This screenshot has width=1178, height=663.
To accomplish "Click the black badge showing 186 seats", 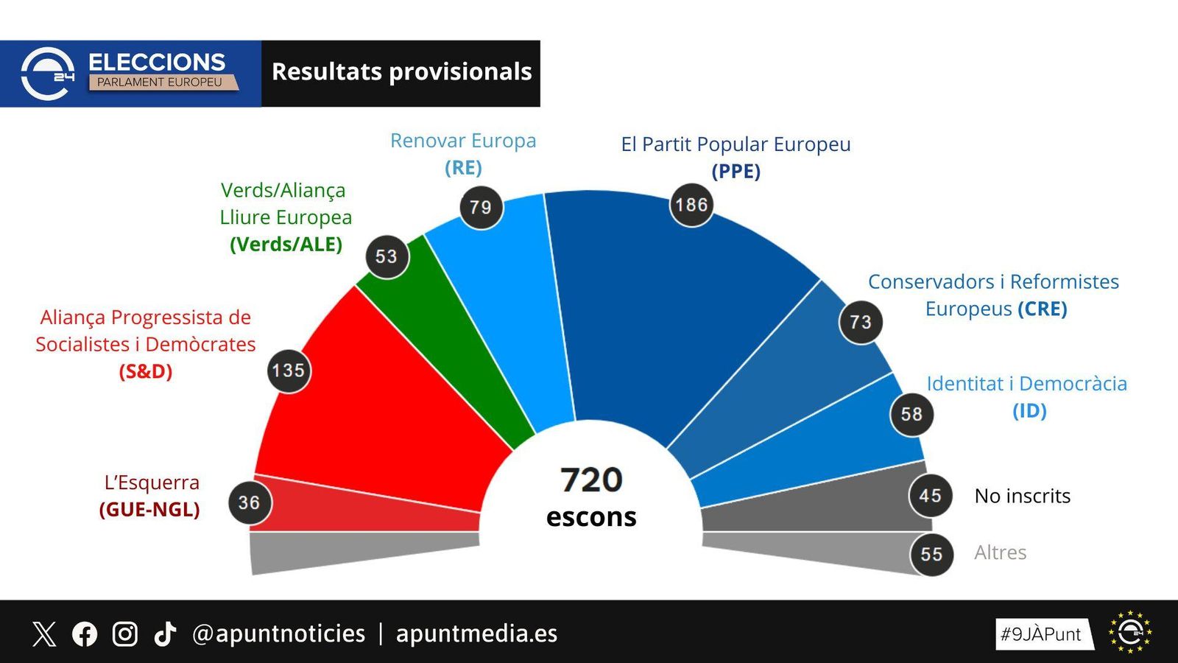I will coord(691,205).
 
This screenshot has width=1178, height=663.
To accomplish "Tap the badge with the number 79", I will coord(481,208).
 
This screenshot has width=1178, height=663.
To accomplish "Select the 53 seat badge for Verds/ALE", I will coord(387,256).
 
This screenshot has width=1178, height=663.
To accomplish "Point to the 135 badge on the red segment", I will coord(288,371).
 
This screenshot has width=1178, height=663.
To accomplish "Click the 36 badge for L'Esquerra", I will coord(250,502).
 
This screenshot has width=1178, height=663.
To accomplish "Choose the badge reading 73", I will coord(860,322).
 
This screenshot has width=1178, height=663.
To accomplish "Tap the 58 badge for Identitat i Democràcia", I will coord(911,414).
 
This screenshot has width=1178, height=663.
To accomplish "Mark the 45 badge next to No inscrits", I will coord(930,496).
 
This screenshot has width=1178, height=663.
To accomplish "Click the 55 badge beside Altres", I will coord(931,554).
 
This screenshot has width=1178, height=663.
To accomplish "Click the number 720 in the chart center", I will coord(591,480).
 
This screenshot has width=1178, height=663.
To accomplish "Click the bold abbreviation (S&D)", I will coord(146,371).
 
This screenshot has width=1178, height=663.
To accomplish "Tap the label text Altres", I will coord(1000,552).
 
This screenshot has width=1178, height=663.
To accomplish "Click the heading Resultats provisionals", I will coord(401,72).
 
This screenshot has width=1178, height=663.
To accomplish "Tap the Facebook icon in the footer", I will coord(85,634).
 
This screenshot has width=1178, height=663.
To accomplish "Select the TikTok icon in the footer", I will coord(165,634).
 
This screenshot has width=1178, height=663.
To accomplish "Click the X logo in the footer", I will coord(44,634).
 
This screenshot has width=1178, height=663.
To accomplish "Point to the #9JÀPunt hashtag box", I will coord(1041,634).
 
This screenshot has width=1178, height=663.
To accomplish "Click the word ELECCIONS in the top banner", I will coord(157,62).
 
